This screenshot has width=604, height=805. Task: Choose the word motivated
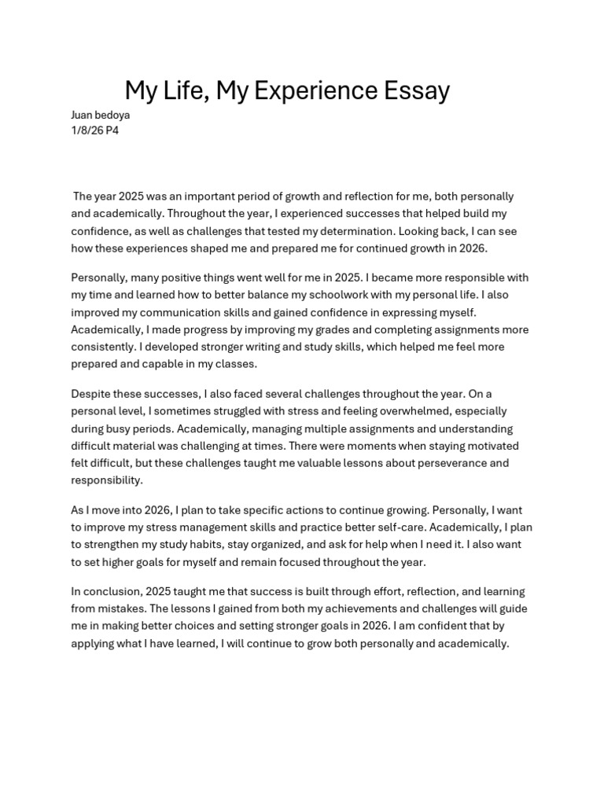tap(489, 446)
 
